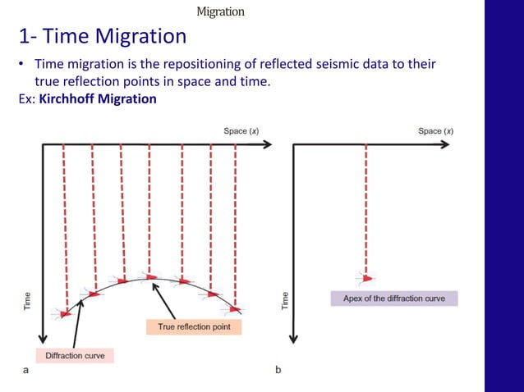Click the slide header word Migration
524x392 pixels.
(220, 11)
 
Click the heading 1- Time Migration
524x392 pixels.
(102, 37)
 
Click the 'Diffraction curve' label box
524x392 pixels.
(75, 356)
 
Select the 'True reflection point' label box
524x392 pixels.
(194, 326)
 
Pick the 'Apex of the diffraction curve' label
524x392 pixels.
(393, 299)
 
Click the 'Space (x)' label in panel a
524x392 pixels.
(241, 131)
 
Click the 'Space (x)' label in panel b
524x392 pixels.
(435, 131)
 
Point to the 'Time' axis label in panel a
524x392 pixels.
(26, 300)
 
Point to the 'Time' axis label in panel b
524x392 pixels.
(285, 300)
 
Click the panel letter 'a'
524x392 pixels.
(25, 371)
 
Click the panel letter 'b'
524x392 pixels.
(278, 371)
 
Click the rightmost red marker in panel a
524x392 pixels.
(236, 308)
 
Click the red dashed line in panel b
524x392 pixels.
(365, 205)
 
